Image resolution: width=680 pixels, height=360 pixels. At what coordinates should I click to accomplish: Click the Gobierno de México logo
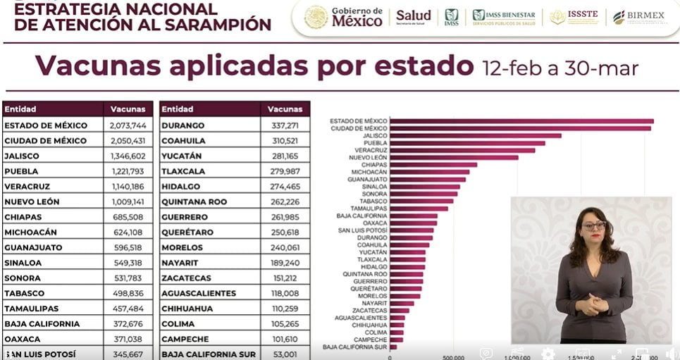tap(344, 16)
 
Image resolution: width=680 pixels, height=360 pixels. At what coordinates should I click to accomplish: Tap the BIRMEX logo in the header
tap(638, 16)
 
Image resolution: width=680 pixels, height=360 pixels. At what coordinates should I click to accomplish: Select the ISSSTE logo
tap(576, 16)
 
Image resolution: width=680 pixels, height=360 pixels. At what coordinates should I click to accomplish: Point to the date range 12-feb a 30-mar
tap(560, 68)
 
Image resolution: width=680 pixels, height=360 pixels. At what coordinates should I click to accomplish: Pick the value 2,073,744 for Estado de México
tap(128, 125)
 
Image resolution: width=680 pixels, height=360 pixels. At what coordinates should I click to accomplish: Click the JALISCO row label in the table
tap(22, 156)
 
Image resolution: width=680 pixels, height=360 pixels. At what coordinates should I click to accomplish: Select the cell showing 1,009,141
tap(128, 201)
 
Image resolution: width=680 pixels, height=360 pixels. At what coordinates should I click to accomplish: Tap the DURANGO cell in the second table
tap(183, 125)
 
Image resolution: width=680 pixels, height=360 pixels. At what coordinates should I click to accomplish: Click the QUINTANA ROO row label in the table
tap(194, 201)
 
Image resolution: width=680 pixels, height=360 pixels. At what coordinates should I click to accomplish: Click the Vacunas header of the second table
tap(285, 109)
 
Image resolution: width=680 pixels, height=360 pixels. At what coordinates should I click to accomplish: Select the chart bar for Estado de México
tap(521, 121)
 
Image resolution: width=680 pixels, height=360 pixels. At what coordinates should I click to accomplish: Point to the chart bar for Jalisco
tap(476, 135)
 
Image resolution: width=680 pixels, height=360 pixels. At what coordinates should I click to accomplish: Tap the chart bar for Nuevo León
tap(454, 157)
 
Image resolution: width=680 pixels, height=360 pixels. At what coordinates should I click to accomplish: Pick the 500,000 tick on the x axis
tap(453, 357)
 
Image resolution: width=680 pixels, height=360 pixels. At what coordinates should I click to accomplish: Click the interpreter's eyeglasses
tap(593, 225)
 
